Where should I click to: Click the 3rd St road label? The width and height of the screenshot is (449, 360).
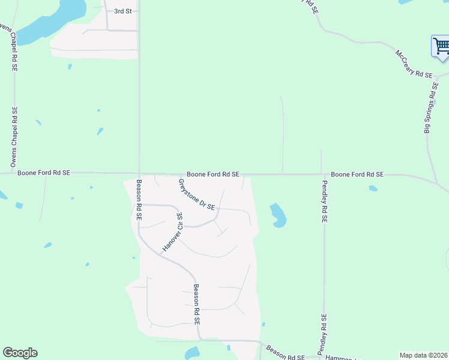point(122,11)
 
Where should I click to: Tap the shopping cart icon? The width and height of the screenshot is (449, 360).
point(441,46)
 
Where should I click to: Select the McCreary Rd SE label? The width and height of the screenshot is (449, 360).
point(413,64)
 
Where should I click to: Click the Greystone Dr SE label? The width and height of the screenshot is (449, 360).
point(197,194)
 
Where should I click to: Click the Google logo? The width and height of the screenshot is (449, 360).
point(20,353)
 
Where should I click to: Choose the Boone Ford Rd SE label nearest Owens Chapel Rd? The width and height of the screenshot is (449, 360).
point(44,173)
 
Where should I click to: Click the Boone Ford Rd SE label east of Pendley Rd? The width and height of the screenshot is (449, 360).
point(357,174)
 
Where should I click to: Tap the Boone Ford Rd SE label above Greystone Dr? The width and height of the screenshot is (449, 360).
point(213,174)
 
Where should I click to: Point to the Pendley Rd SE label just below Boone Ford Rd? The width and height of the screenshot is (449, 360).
point(324,202)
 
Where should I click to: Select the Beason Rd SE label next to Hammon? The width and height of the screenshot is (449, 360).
point(285,353)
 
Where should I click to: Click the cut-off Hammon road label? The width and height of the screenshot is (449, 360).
point(342,358)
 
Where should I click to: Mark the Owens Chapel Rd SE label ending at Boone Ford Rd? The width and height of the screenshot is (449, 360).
point(14,137)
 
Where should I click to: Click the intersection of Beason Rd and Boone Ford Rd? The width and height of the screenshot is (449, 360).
point(139,173)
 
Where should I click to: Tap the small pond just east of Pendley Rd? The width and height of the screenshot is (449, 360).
point(373,188)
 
